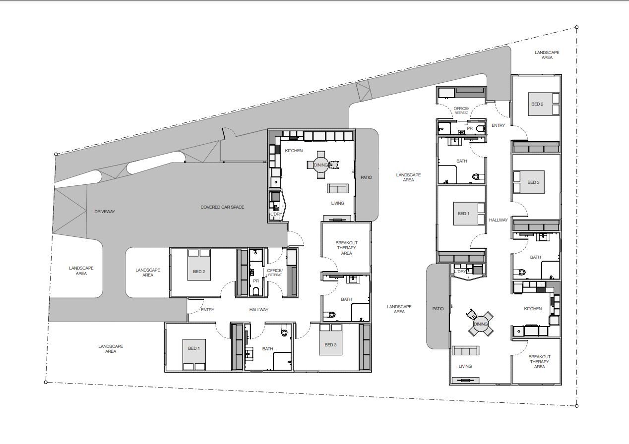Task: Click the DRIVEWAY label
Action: pyautogui.click(x=105, y=212)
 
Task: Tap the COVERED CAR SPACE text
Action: pyautogui.click(x=222, y=207)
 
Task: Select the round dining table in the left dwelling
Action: pyautogui.click(x=320, y=165)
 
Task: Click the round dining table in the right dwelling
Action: pyautogui.click(x=480, y=324)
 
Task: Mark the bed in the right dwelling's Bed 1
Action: pyautogui.click(x=468, y=214)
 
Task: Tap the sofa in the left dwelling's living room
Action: pyautogui.click(x=337, y=188)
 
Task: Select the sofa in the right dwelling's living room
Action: pyautogui.click(x=465, y=351)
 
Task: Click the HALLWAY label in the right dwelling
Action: pyautogui.click(x=498, y=220)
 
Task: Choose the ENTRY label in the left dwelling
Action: pyautogui.click(x=208, y=310)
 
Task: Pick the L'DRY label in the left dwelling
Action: pyautogui.click(x=276, y=215)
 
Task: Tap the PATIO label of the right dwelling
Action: pyautogui.click(x=438, y=309)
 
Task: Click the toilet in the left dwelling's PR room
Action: pyautogui.click(x=256, y=291)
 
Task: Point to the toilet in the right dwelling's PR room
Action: pyautogui.click(x=479, y=129)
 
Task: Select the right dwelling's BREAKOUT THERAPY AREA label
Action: pyautogui.click(x=539, y=362)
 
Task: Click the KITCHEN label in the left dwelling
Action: pyautogui.click(x=294, y=151)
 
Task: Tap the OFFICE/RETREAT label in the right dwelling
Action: pyautogui.click(x=461, y=111)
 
